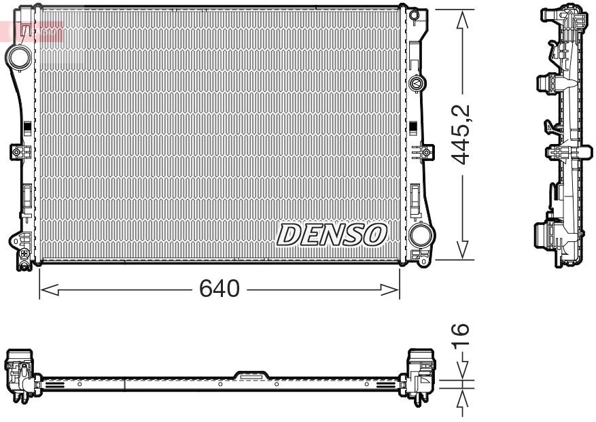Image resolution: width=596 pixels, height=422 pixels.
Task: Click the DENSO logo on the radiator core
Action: pyautogui.click(x=332, y=235)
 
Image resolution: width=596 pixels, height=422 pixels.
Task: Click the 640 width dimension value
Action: pyautogui.click(x=219, y=289)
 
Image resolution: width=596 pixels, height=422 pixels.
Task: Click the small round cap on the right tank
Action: pyautogui.click(x=417, y=84)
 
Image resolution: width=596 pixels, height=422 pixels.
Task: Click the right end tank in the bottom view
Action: pyautogui.click(x=421, y=373)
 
